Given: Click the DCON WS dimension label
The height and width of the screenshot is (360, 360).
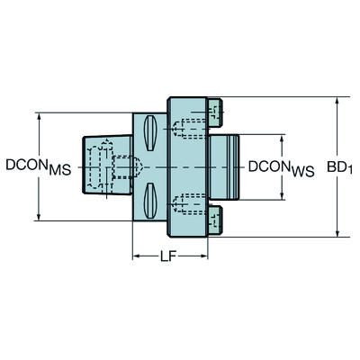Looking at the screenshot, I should pyautogui.click(x=280, y=167).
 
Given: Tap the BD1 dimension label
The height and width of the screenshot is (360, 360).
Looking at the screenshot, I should pyautogui.click(x=339, y=167).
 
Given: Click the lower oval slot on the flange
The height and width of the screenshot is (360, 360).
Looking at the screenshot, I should pyautogui.click(x=148, y=199).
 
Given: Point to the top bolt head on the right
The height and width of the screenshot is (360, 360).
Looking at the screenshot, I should pyautogui.click(x=215, y=112).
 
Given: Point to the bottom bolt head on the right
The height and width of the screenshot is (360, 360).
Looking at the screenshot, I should pyautogui.click(x=215, y=220).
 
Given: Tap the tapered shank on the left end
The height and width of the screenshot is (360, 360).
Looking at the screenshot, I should pyautogui.click(x=99, y=166).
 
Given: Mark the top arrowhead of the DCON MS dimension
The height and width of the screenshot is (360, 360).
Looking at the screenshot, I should pyautogui.click(x=39, y=118).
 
